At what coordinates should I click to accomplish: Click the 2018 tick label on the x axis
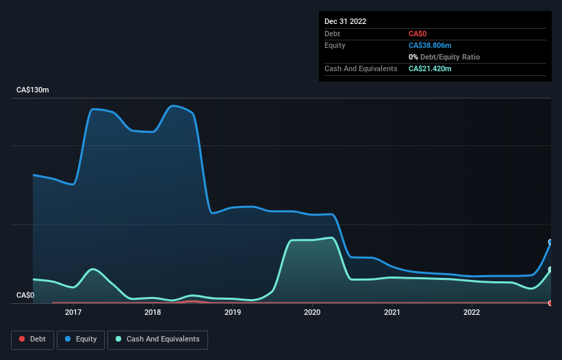pos(153,313)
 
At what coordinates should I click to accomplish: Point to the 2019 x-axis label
pos(232,313)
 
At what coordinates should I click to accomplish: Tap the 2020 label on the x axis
pos(312,313)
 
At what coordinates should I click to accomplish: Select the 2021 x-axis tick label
pos(392,313)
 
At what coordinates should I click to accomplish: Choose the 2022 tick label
pos(472,313)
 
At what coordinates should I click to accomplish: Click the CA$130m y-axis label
pos(33,90)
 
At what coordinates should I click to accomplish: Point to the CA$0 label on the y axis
pos(25,296)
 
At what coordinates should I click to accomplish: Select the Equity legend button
pos(80,339)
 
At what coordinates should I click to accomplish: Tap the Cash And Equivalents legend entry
pos(157,339)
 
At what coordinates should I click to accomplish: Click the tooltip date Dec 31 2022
pos(345,21)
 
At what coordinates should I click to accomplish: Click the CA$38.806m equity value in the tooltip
pos(430,45)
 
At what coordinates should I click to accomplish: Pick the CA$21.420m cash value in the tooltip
pos(430,68)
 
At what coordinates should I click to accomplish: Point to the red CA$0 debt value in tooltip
pos(418,34)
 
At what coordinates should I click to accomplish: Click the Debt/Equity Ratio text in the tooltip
pos(449,57)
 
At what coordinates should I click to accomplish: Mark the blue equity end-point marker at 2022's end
pos(550,242)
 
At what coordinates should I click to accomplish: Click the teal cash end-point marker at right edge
pos(550,270)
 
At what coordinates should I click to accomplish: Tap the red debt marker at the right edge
pos(550,303)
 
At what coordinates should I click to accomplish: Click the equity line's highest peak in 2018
pos(173,105)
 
